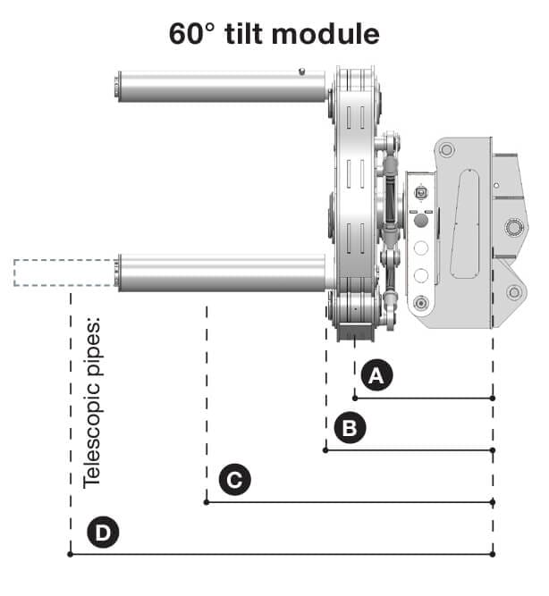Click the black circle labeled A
376,375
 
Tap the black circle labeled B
350,427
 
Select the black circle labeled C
235,479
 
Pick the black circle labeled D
103,532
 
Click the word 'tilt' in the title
244,34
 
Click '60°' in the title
191,34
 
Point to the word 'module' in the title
325,34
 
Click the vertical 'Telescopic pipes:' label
92,402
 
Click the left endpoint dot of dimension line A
355,399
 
